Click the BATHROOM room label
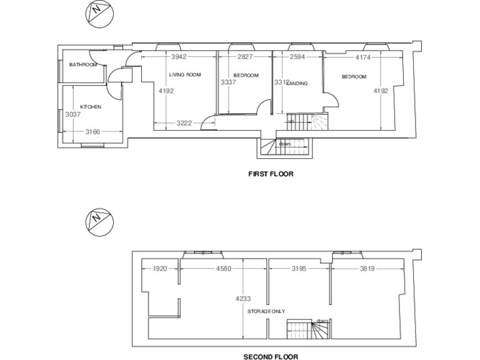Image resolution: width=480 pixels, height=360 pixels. coord(83,64)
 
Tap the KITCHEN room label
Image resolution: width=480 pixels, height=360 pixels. coord(90,107)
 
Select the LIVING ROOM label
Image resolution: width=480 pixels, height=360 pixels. coord(184,75)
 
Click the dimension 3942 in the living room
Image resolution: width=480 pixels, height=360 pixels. coord(179,57)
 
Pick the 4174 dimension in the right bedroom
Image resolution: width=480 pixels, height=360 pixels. coord(363,57)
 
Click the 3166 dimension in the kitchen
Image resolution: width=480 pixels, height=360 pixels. coord(92,131)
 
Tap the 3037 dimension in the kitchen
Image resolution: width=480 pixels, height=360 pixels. coord(72,114)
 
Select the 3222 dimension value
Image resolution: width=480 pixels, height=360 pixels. coord(184,122)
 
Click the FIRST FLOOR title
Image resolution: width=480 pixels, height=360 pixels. coord(271,174)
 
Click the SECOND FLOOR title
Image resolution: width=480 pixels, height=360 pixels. coord(271,357)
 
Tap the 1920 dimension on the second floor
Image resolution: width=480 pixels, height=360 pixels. coord(161,269)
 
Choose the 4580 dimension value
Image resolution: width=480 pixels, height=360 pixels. coord(224,269)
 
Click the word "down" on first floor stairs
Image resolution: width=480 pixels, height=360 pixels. coord(285,144)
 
